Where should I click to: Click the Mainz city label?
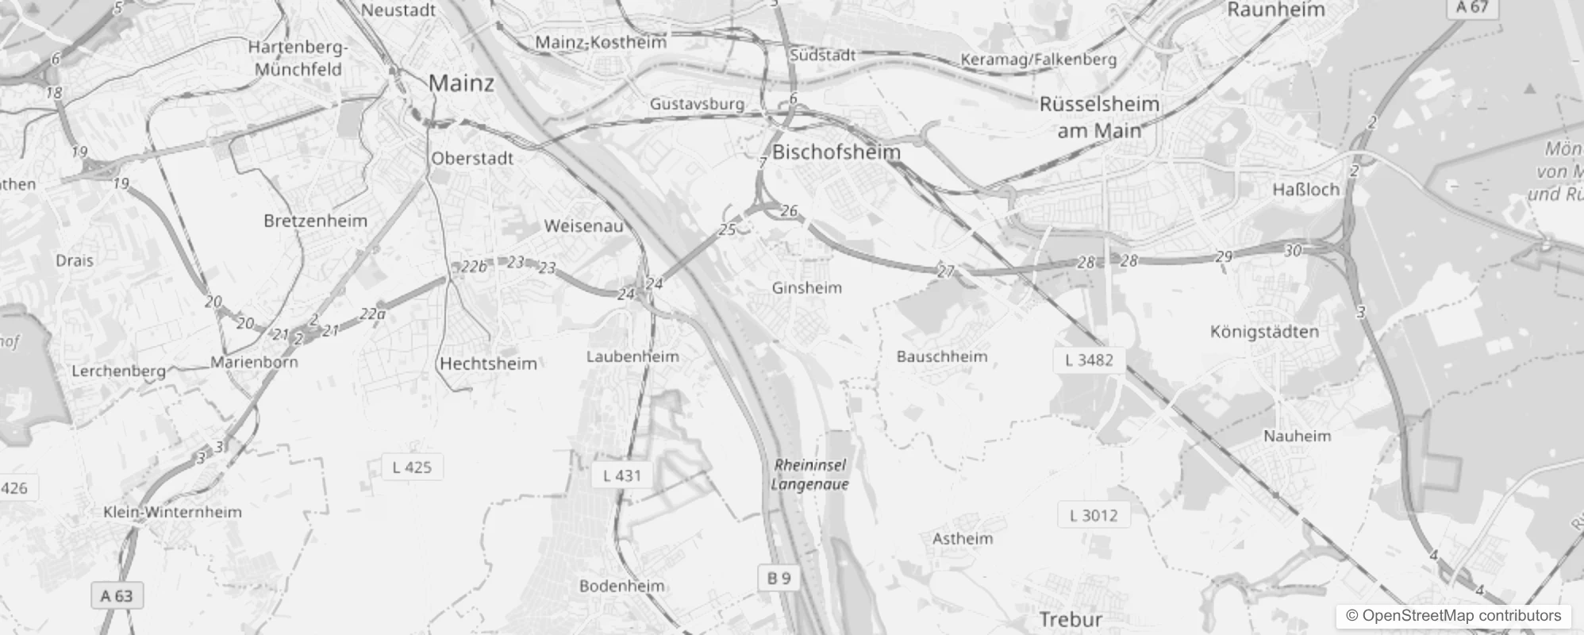click(x=461, y=83)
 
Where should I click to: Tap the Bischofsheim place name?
click(x=836, y=152)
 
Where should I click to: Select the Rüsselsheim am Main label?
click(x=1099, y=117)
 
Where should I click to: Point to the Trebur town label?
click(x=1071, y=619)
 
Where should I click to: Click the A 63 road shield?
click(x=117, y=595)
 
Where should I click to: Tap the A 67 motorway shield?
click(x=1471, y=7)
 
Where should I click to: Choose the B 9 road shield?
click(x=779, y=578)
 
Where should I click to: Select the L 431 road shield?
click(x=621, y=475)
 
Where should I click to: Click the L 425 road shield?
click(x=412, y=468)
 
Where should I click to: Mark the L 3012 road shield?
click(x=1093, y=515)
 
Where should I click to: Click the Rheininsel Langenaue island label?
click(x=809, y=475)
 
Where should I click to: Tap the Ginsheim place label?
click(x=806, y=287)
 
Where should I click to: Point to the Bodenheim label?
click(x=621, y=586)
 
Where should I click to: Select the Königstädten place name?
click(x=1264, y=332)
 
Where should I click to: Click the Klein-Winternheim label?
click(x=172, y=512)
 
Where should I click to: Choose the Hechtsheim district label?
click(x=488, y=364)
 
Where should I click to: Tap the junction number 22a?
click(x=372, y=314)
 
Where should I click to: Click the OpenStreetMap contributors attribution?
click(x=1460, y=615)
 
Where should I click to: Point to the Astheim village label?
click(x=962, y=538)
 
